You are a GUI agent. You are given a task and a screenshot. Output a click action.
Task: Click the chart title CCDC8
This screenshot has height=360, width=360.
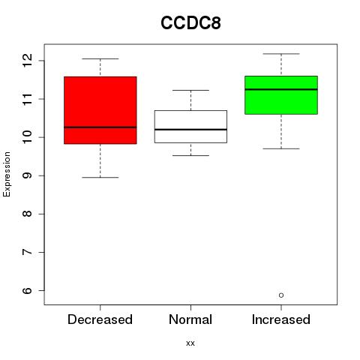tap(190, 22)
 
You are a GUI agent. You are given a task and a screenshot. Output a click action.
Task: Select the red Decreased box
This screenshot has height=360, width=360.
tap(100, 110)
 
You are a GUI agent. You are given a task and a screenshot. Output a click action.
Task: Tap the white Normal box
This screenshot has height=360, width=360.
tap(190, 127)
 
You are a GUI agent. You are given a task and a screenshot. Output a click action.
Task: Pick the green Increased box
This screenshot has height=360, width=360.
tap(281, 95)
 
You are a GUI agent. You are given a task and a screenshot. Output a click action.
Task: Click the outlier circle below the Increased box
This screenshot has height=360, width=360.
tap(281, 295)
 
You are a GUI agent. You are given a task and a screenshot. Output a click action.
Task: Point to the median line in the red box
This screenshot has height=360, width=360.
tap(100, 127)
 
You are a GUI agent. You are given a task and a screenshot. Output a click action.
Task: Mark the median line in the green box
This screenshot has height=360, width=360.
tap(281, 89)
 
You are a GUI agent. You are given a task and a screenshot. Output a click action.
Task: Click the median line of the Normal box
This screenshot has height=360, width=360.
tap(190, 130)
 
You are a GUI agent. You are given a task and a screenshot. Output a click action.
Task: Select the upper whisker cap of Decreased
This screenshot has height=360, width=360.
tap(100, 58)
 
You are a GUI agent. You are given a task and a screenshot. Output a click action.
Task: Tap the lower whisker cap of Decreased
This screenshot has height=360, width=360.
tap(100, 178)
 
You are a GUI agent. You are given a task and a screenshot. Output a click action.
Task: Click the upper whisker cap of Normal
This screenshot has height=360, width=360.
tap(190, 90)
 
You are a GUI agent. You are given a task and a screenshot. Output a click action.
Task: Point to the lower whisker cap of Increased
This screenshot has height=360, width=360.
tap(281, 148)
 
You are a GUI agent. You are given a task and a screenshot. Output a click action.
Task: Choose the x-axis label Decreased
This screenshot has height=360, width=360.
tap(100, 319)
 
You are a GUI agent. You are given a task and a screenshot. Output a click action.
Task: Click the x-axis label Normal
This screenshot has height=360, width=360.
tap(190, 319)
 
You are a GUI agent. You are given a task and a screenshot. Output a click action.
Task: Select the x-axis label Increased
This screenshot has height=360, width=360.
tap(281, 319)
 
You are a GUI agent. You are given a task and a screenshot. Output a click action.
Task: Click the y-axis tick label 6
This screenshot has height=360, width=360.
tap(27, 290)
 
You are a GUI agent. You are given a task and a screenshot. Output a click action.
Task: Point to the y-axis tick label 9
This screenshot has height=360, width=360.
tap(27, 175)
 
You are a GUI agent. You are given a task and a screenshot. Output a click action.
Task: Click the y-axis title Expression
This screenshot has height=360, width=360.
tap(7, 174)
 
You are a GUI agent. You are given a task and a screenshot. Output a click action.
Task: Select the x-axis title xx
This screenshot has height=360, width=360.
tap(190, 343)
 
